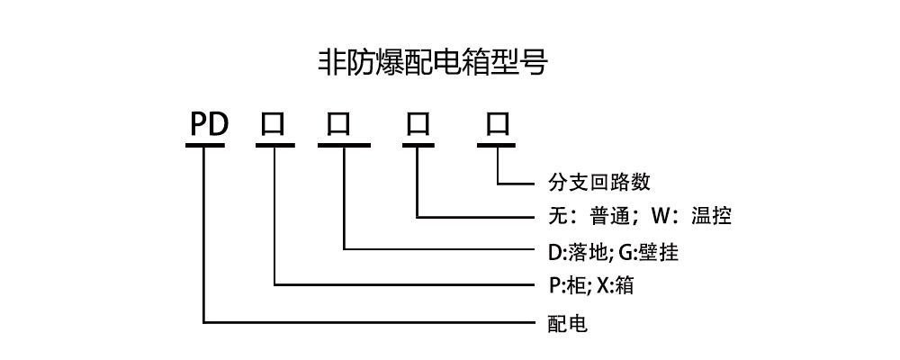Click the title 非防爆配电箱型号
coord(433,62)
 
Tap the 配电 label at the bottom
coord(568,322)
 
